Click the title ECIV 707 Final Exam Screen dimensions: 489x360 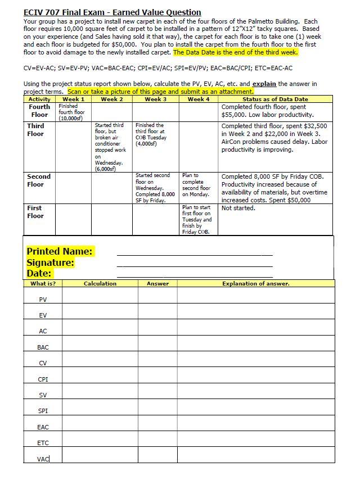coord(112,12)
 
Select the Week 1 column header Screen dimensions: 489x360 coord(74,99)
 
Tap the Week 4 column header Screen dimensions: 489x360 coord(199,99)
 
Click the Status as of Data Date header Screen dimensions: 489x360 coord(275,99)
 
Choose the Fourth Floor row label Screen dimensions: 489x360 coord(39,111)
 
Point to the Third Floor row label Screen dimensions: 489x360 coord(35,130)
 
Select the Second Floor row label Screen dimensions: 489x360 coord(39,180)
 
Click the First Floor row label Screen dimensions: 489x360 coord(35,212)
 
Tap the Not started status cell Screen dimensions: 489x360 coord(238,208)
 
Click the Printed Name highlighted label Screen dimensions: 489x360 coord(60,251)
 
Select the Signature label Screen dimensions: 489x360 coord(51,262)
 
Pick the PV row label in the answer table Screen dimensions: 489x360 coord(43,300)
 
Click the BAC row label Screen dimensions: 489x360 coord(43,347)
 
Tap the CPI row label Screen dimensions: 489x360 coord(43,379)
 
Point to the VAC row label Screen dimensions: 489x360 coord(43,459)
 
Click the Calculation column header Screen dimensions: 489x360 coord(100,284)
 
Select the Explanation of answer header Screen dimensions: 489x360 coord(255,284)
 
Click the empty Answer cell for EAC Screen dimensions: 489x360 coord(157,427)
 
